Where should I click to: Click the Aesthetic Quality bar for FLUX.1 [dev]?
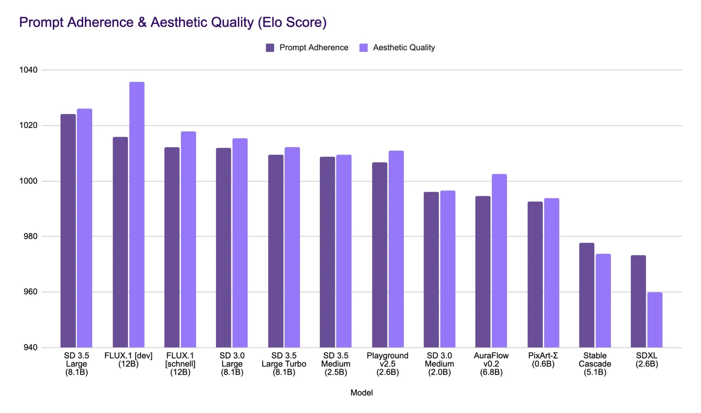coord(136,215)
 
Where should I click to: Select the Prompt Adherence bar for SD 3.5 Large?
coord(68,231)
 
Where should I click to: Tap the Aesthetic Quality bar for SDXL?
coord(655,320)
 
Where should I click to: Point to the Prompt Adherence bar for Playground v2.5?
coord(379,255)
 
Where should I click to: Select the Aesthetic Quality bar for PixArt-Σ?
coord(551,273)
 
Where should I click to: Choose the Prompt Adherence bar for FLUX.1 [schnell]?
coord(172,248)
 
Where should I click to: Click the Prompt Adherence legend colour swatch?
coord(270,48)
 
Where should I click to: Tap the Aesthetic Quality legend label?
coord(404,48)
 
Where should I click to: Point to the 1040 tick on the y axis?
coord(28,70)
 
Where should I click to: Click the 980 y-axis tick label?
coord(29,236)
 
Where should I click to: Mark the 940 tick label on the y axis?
coord(29,348)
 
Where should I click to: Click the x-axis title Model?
coord(361,393)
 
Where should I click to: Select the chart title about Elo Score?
coord(172,22)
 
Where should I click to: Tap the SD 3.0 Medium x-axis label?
coord(439,364)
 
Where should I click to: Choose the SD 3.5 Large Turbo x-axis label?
coord(284,364)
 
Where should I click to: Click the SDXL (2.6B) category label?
coord(647,360)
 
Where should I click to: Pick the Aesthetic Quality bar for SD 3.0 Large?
coord(240,243)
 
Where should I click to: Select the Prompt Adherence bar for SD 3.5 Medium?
coord(327,252)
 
